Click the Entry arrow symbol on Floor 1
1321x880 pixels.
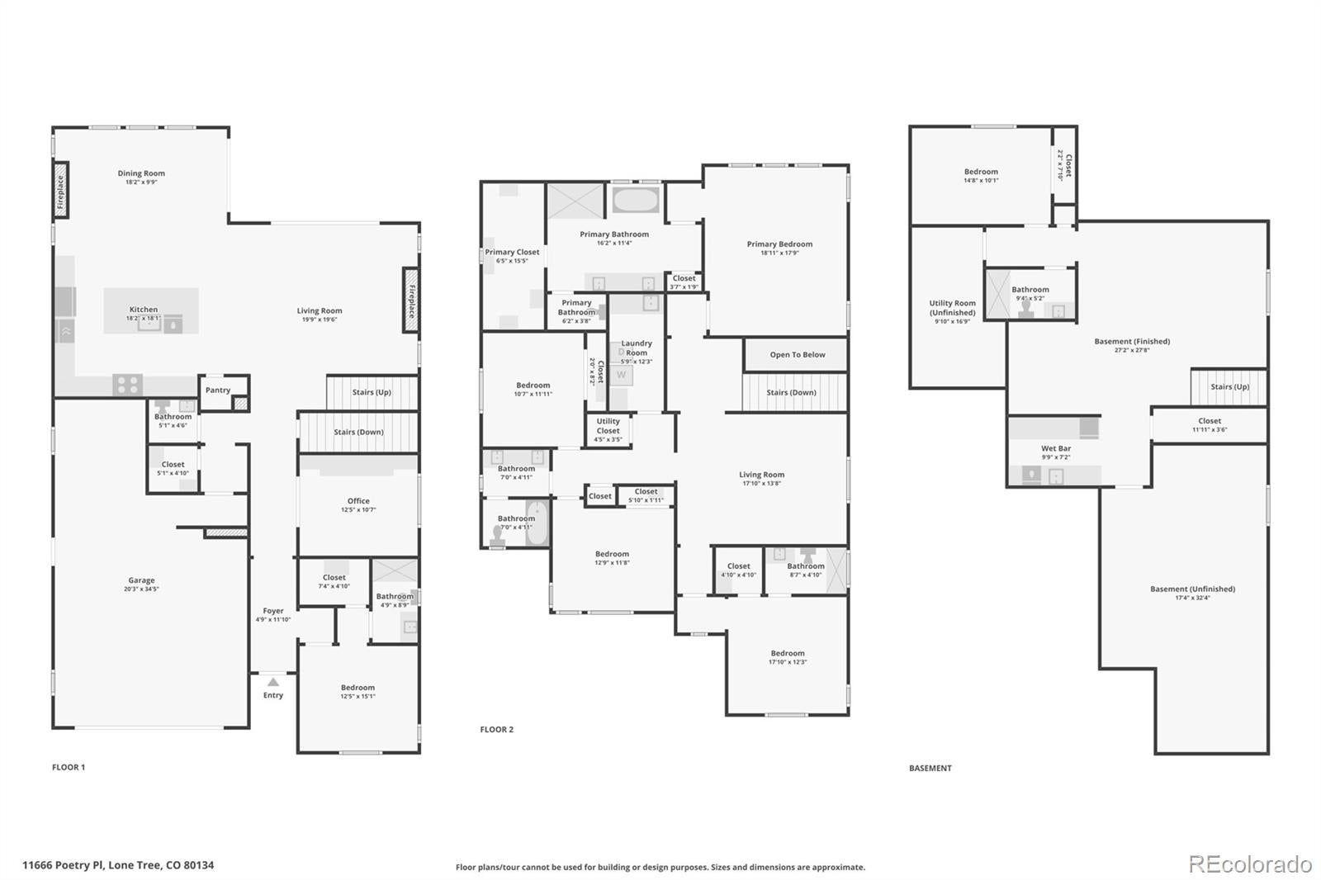(x=273, y=682)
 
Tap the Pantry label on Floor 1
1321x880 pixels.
(x=218, y=390)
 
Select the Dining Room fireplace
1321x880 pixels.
(x=61, y=191)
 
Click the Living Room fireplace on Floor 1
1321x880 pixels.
(x=410, y=300)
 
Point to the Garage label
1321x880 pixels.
(x=141, y=580)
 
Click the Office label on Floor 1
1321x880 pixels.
(x=358, y=501)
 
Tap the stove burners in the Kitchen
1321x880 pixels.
(x=127, y=385)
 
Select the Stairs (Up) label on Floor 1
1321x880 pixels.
(x=372, y=392)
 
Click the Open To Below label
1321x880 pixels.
(x=797, y=355)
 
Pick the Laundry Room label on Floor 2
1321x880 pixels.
(x=637, y=348)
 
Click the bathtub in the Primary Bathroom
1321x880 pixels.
(x=635, y=200)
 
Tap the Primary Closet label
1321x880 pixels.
(x=512, y=252)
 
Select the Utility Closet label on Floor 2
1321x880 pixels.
(x=608, y=426)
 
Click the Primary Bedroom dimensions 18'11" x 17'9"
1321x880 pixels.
(x=779, y=253)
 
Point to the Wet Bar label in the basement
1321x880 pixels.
(x=1055, y=448)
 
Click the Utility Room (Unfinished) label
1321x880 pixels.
(x=952, y=308)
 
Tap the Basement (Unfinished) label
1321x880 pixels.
(x=1192, y=589)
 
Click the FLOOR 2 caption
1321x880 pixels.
(x=496, y=730)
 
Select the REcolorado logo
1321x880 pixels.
(x=1249, y=864)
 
